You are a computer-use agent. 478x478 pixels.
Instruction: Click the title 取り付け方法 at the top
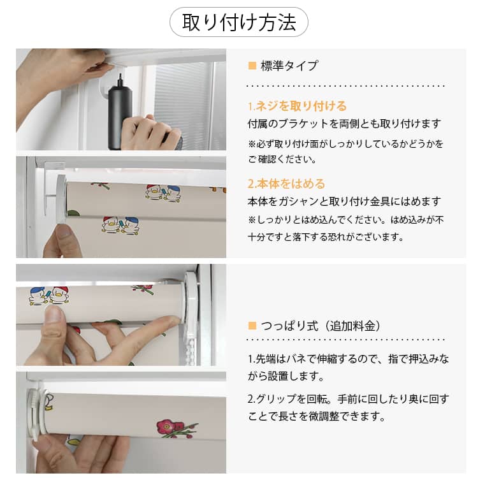[x=239, y=22]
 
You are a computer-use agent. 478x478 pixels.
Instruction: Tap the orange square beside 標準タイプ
[x=252, y=66]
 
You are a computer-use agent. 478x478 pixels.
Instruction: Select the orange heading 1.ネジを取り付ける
[x=297, y=106]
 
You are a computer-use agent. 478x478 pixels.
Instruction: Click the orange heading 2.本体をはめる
[x=286, y=184]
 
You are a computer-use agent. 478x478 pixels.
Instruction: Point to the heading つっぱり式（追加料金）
[x=321, y=326]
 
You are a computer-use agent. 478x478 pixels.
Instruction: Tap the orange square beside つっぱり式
[x=252, y=326]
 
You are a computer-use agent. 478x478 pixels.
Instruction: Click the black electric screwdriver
[x=120, y=113]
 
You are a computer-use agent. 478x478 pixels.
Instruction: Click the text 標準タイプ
[x=289, y=66]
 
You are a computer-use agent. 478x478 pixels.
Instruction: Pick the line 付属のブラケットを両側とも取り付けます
[x=344, y=124]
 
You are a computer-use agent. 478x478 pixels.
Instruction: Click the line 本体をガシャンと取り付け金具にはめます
[x=344, y=201]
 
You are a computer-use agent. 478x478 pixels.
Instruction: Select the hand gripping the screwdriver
[x=151, y=132]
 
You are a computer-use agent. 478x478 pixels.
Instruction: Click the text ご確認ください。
[x=282, y=159]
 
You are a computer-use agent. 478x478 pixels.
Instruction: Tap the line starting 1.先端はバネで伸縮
[x=348, y=359]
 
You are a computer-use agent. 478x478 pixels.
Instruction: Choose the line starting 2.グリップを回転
[x=348, y=399]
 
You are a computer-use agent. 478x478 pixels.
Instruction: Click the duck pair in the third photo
[x=49, y=296]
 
